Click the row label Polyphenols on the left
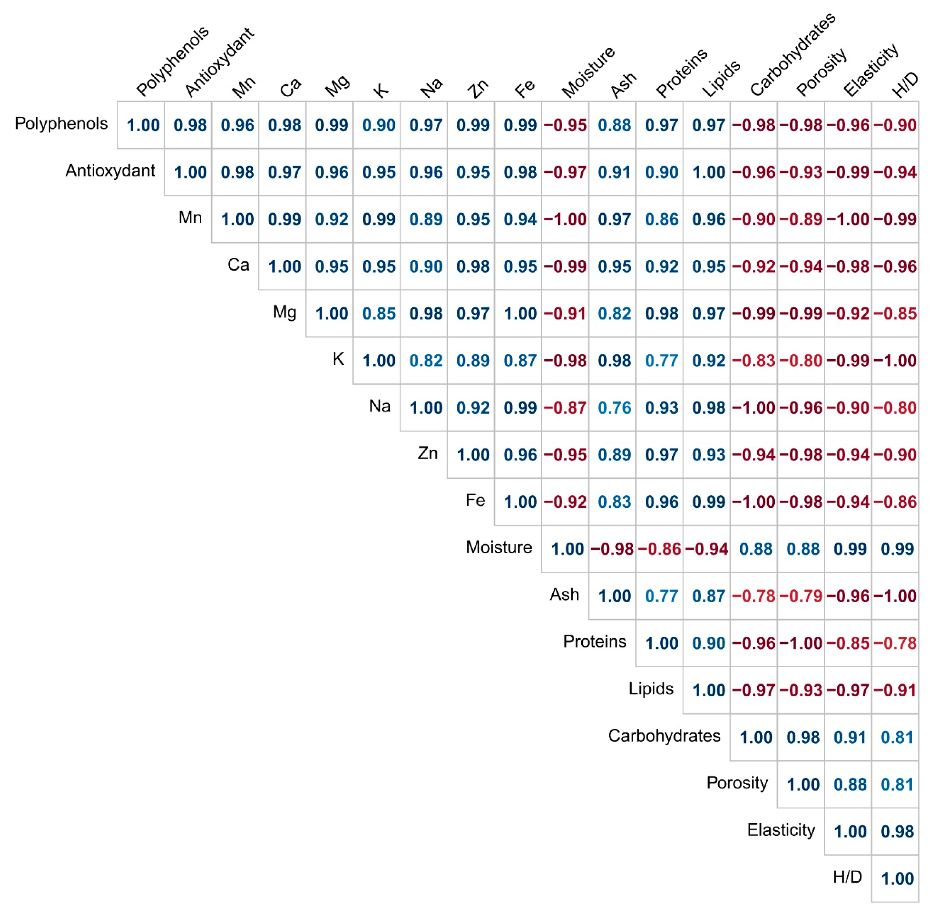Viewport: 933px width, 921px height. (61, 124)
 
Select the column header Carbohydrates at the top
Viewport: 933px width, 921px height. (792, 54)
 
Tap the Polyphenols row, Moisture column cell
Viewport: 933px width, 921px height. (565, 125)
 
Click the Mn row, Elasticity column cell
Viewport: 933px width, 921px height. (848, 219)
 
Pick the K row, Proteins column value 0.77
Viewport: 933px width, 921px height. (661, 361)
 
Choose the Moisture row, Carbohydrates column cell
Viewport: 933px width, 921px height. (754, 549)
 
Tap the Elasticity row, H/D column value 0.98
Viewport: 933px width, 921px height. (897, 832)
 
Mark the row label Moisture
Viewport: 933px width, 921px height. (499, 547)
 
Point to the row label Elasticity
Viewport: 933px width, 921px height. (781, 830)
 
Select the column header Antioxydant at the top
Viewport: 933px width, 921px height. (219, 61)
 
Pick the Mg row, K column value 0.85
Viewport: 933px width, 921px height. (379, 314)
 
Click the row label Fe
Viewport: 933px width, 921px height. (475, 500)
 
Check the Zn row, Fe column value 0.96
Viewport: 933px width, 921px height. (520, 455)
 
